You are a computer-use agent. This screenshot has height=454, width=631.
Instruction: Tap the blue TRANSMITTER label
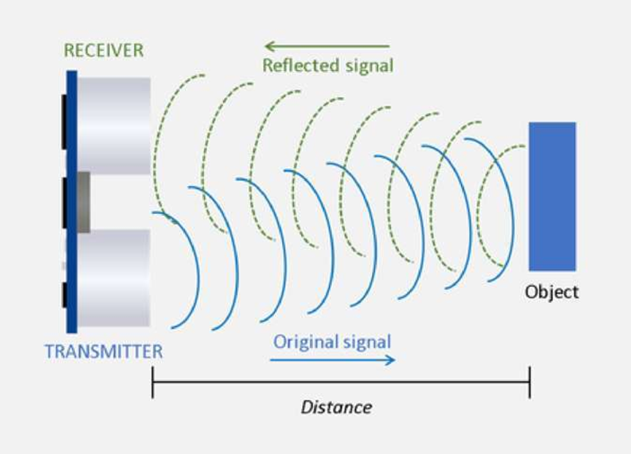[103, 352]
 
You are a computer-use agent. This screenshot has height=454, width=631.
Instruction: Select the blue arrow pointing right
[333, 360]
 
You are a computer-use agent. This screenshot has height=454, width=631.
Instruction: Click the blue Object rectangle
[552, 196]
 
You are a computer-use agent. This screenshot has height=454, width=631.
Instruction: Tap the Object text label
[552, 292]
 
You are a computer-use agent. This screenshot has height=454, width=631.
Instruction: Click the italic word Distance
[336, 407]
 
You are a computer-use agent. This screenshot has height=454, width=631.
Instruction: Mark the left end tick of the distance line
[153, 382]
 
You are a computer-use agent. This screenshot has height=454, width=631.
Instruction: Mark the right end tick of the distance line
[529, 382]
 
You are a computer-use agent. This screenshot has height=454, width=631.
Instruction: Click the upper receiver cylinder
[113, 126]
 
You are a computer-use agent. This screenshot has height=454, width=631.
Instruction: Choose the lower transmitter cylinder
[113, 278]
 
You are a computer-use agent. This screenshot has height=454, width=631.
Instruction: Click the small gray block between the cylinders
[84, 202]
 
